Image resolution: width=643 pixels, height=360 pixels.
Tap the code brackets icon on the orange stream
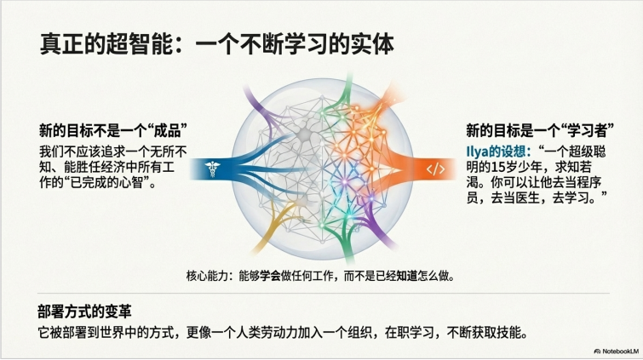pyautogui.click(x=435, y=169)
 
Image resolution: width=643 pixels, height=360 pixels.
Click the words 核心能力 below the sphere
pyautogui.click(x=205, y=276)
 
